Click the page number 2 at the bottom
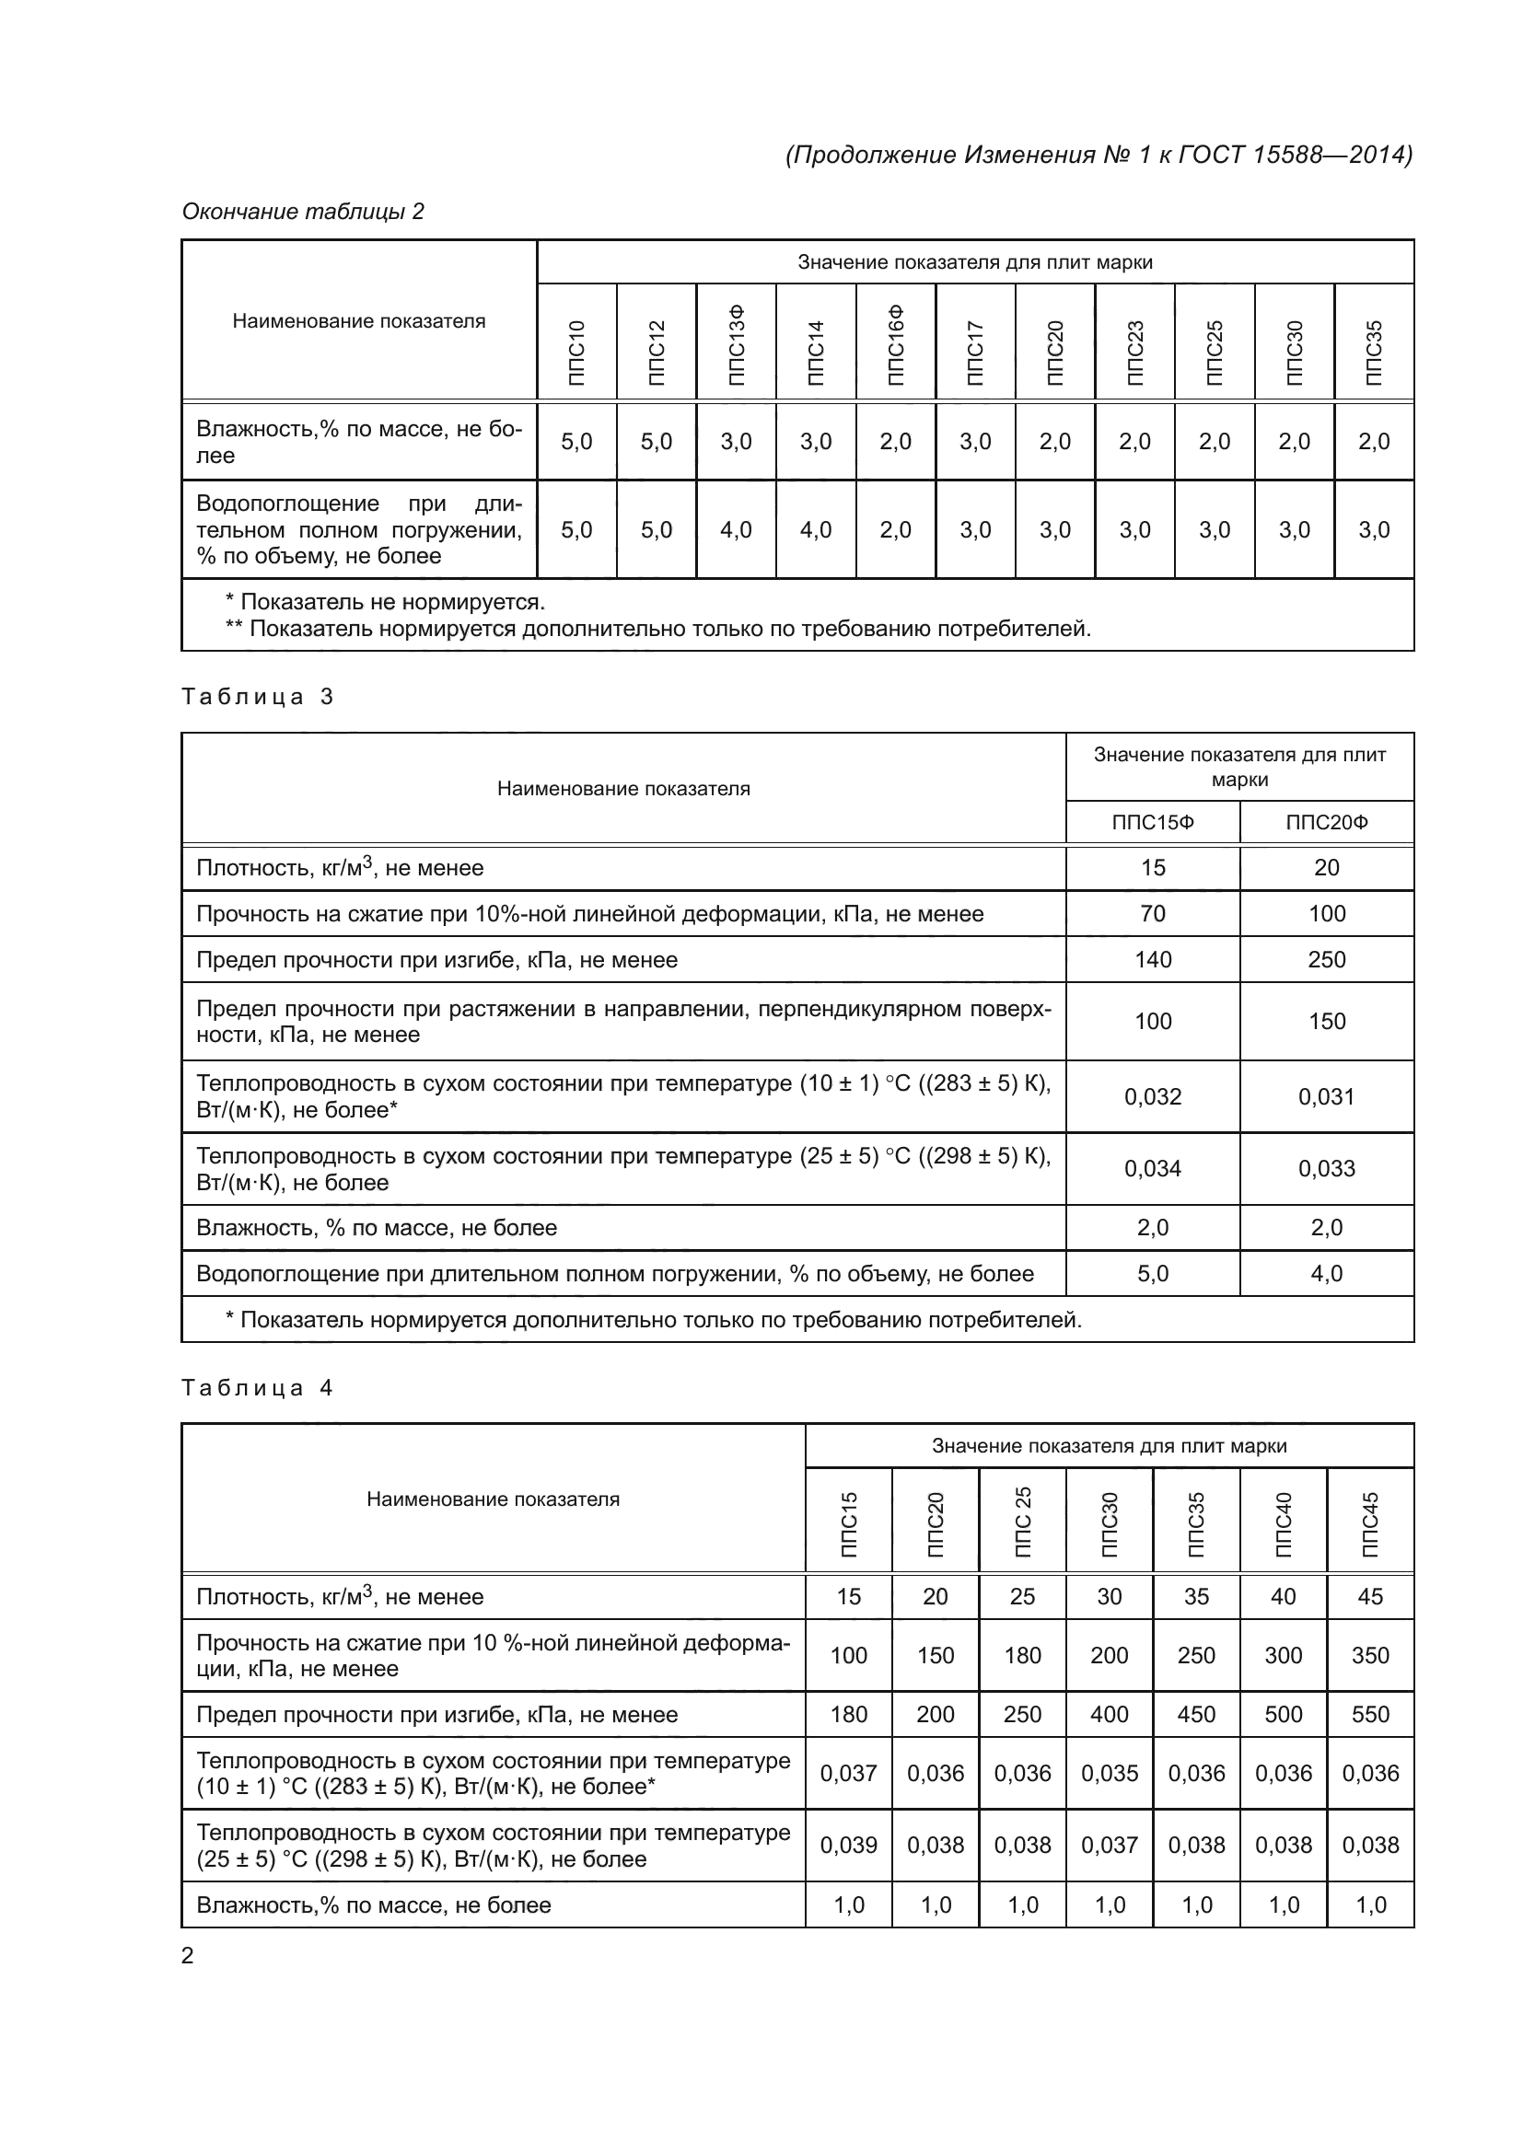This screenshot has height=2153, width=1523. [188, 1955]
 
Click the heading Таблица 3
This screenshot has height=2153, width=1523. [257, 697]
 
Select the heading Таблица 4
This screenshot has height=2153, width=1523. [257, 1388]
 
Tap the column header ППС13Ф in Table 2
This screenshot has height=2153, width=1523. [737, 344]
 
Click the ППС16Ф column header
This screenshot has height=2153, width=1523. [896, 344]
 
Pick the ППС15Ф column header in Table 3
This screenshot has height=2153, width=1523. [1153, 822]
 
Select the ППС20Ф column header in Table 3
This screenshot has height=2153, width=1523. [1326, 822]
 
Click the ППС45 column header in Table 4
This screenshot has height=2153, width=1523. [1370, 1524]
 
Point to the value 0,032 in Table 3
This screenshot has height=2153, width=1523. [1153, 1096]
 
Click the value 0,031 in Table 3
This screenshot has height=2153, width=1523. [1326, 1096]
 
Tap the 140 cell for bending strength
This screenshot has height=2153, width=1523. [1153, 959]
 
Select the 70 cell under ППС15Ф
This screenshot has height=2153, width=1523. [1153, 913]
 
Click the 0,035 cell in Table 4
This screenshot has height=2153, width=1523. [1110, 1773]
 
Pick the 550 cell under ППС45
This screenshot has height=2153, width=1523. [1370, 1714]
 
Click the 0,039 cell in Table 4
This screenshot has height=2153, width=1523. [849, 1845]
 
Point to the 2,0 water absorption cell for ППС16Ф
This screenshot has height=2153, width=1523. [896, 530]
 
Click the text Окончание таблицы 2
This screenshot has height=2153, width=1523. [303, 212]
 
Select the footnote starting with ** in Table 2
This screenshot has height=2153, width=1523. [658, 629]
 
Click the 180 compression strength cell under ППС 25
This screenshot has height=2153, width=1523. [1022, 1655]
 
